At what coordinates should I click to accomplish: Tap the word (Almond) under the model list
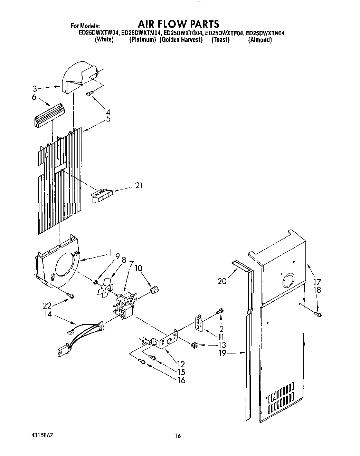pyautogui.click(x=260, y=40)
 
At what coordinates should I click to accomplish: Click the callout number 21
pyautogui.click(x=139, y=186)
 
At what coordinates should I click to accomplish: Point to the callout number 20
pyautogui.click(x=222, y=281)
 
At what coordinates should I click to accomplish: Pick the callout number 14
pyautogui.click(x=48, y=314)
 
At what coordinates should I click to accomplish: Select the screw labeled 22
pyautogui.click(x=71, y=295)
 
